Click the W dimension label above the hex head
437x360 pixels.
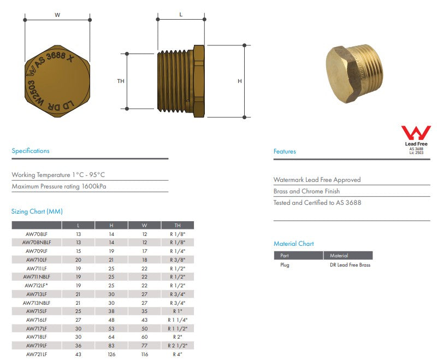pyautogui.click(x=57, y=15)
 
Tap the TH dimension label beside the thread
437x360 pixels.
pyautogui.click(x=121, y=81)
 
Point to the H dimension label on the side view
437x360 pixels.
pyautogui.click(x=239, y=81)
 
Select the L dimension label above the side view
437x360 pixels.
pyautogui.click(x=181, y=15)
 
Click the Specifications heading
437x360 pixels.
pyautogui.click(x=31, y=151)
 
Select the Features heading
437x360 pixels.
pyautogui.click(x=285, y=151)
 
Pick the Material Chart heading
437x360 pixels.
pyautogui.click(x=294, y=244)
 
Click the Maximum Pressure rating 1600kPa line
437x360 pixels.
pyautogui.click(x=59, y=186)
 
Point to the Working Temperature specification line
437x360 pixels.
pyautogui.click(x=58, y=175)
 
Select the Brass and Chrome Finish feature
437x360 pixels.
pyautogui.click(x=306, y=191)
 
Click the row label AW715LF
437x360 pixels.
pyautogui.click(x=37, y=311)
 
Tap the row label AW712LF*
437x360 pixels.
pyautogui.click(x=37, y=285)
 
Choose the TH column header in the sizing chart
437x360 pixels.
pyautogui.click(x=177, y=225)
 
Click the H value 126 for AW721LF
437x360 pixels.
pyautogui.click(x=111, y=355)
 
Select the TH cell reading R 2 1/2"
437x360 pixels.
pyautogui.click(x=177, y=346)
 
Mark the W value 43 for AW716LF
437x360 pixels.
pyautogui.click(x=144, y=320)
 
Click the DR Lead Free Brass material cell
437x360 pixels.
pyautogui.click(x=350, y=265)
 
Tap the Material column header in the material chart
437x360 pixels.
pyautogui.click(x=339, y=256)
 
